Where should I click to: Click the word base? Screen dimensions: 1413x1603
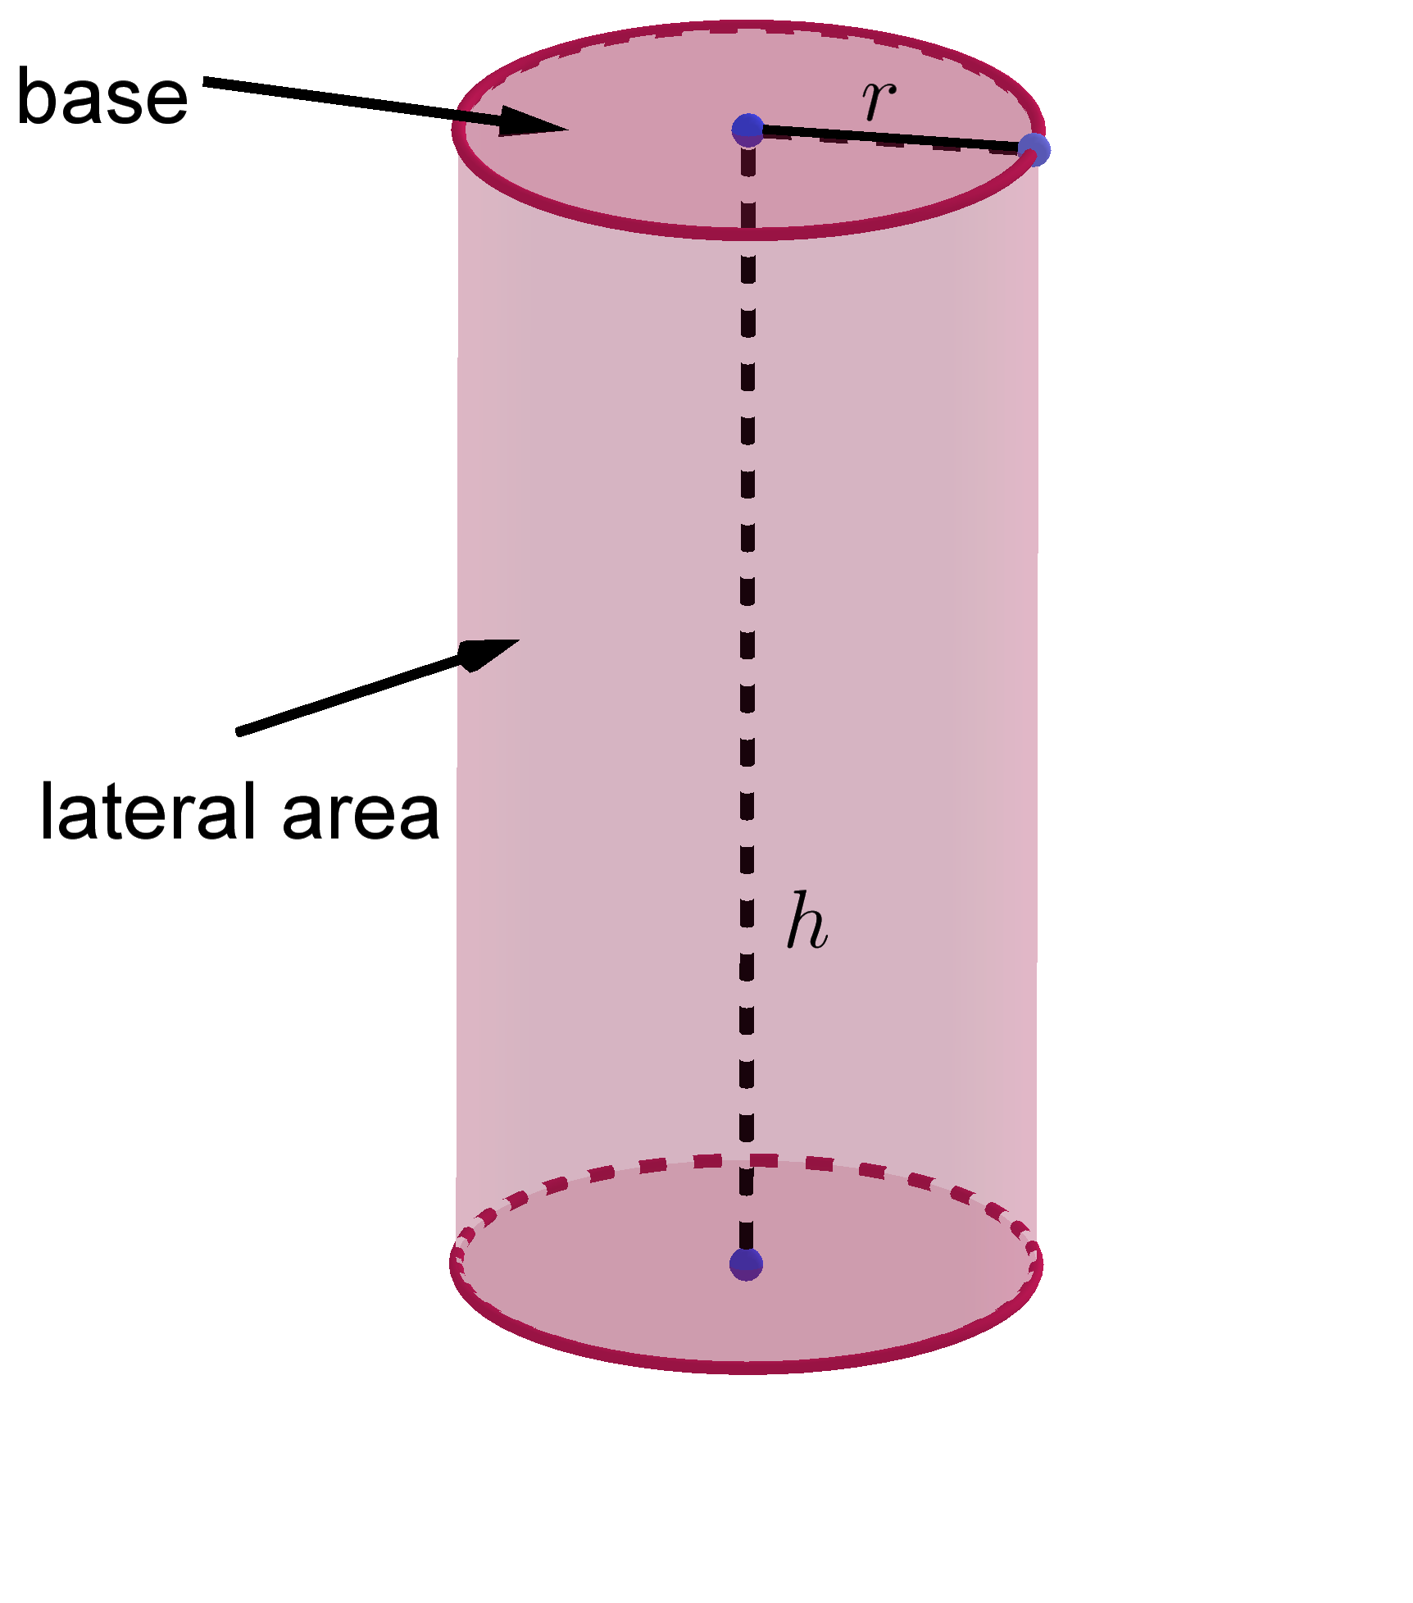click(102, 97)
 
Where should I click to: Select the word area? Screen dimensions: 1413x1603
click(361, 816)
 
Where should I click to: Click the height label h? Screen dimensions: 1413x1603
click(806, 921)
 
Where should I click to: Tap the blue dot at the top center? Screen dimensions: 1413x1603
click(747, 130)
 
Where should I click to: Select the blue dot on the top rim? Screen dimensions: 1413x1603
click(1034, 149)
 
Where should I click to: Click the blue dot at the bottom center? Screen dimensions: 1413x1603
click(746, 1264)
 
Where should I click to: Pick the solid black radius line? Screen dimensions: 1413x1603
click(891, 139)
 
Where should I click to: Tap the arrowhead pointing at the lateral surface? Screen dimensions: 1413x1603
click(489, 653)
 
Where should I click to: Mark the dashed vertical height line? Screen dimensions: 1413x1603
click(747, 697)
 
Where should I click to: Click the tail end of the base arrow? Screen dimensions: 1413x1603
click(205, 80)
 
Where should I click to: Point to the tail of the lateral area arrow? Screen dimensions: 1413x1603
click(239, 731)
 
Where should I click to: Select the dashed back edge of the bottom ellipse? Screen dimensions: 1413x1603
click(746, 1161)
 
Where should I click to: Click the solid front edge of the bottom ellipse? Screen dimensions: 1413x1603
click(746, 1366)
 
